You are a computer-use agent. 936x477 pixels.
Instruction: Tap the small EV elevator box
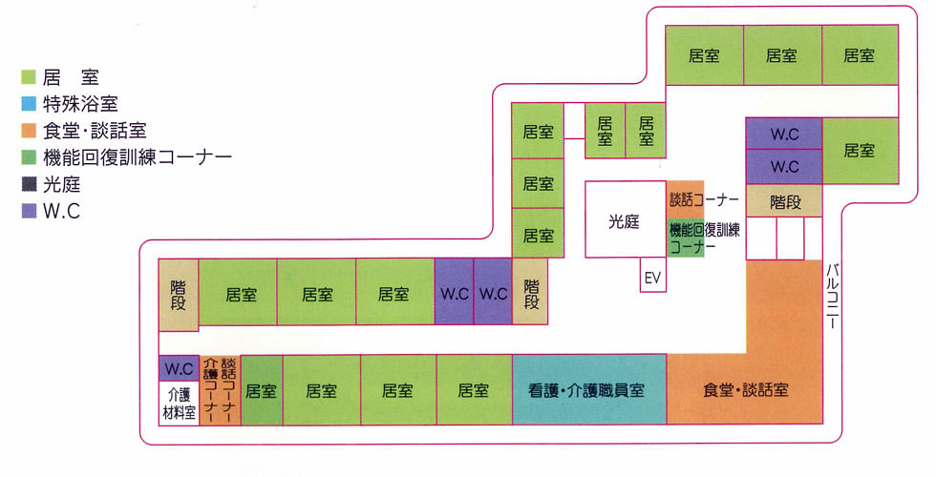653,277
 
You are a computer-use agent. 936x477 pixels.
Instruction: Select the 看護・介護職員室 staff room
588,390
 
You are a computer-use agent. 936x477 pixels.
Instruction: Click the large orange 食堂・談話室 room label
744,390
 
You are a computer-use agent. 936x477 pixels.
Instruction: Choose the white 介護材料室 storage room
179,404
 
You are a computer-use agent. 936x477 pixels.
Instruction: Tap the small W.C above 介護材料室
179,367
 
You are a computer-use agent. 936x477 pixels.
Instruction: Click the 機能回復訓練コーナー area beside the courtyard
705,238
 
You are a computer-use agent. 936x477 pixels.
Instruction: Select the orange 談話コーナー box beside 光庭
686,199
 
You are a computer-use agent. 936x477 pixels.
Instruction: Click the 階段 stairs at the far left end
179,293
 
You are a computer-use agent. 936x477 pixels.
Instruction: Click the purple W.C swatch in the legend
28,213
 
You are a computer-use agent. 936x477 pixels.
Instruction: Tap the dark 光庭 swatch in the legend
28,185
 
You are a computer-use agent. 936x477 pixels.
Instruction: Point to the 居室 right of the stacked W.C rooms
859,150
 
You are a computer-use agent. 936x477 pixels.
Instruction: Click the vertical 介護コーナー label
210,390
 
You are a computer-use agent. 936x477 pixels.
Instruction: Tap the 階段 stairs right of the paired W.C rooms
532,293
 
